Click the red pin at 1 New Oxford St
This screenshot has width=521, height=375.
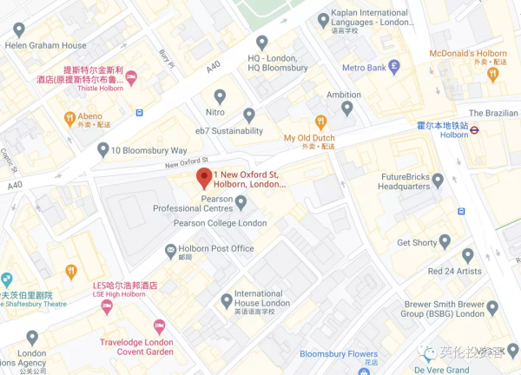point(203,178)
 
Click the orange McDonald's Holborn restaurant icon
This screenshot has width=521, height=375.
point(491,75)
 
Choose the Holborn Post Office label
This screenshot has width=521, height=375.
point(218,249)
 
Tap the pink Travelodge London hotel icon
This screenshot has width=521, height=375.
point(159,326)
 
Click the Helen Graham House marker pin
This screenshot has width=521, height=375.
point(19,30)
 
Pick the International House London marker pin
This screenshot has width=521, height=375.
point(228,300)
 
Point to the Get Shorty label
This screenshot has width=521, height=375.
point(417,243)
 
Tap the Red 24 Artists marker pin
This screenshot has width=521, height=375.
point(468,255)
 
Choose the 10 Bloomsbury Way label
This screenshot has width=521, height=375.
point(148,151)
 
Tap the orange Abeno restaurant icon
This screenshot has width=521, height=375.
point(69,117)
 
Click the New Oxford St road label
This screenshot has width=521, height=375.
point(188,162)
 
